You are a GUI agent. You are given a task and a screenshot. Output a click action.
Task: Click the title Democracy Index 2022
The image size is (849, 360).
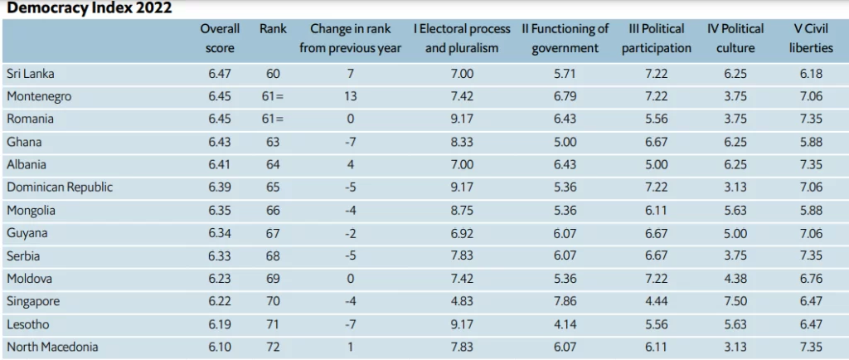(x=90, y=8)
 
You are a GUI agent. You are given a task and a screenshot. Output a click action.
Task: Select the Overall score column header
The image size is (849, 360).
(x=220, y=38)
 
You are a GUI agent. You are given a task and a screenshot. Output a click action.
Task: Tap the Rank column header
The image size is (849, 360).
(x=273, y=29)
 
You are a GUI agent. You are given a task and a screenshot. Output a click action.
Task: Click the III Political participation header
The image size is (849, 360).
(x=657, y=38)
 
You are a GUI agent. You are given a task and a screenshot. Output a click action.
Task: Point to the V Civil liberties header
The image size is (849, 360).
(x=811, y=38)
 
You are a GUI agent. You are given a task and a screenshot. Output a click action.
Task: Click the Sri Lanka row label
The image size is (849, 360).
(x=31, y=74)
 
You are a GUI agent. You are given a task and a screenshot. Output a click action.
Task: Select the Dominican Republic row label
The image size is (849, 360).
(x=60, y=187)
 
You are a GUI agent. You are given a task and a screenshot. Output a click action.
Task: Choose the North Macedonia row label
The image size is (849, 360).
(x=52, y=347)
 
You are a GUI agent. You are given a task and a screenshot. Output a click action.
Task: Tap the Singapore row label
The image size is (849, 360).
(x=33, y=302)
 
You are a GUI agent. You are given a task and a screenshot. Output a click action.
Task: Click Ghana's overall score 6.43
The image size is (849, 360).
(x=220, y=142)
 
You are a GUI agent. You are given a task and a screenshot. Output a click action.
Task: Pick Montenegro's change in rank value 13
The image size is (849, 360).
(x=351, y=96)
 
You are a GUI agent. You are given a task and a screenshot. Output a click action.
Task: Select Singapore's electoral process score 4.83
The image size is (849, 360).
(x=462, y=301)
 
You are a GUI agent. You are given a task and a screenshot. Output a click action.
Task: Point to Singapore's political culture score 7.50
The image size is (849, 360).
(x=735, y=301)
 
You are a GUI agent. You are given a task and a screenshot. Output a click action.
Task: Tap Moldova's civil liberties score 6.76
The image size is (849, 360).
(x=811, y=278)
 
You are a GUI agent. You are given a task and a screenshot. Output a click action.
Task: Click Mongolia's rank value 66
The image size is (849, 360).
(x=273, y=210)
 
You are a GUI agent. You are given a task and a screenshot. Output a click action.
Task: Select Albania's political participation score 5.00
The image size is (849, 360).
(x=657, y=164)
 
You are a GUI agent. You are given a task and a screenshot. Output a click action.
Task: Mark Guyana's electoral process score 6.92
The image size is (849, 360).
(x=462, y=233)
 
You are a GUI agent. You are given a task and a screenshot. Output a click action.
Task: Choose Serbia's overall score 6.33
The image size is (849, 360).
(x=220, y=255)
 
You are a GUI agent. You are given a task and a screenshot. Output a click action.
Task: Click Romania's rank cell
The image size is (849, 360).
(x=273, y=119)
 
